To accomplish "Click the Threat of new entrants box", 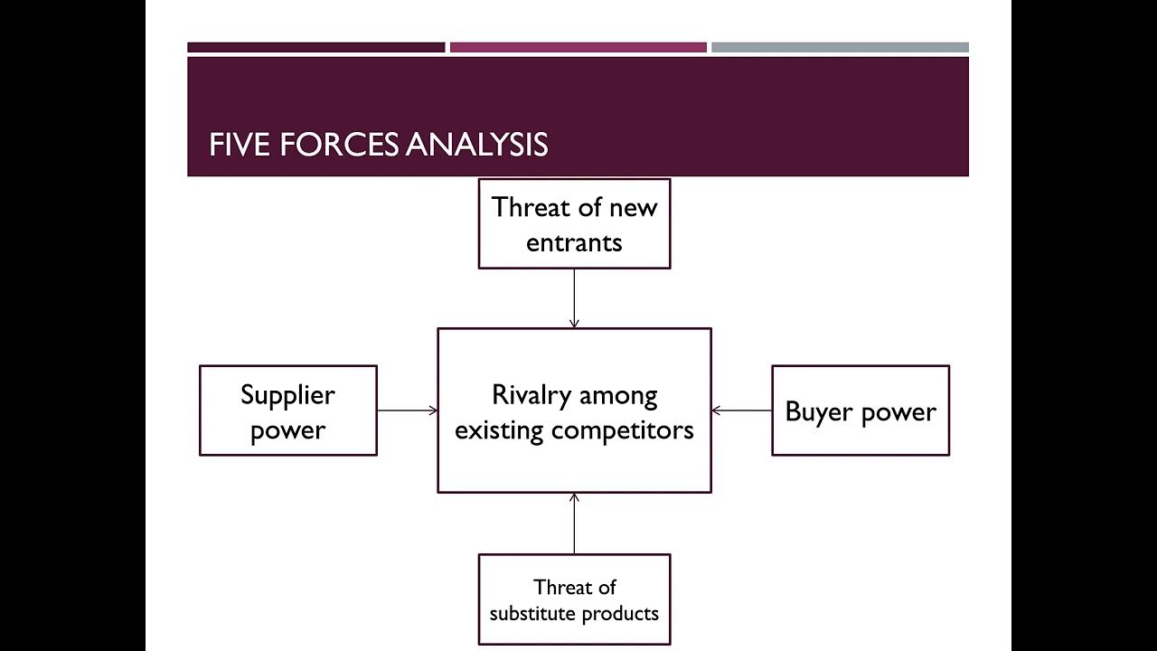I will point(574,223).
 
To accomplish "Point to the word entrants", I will point(574,242).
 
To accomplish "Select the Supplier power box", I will point(287,410).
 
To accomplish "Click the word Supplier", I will point(287,394).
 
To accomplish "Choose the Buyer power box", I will point(860,410).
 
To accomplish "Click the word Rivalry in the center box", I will point(531,394).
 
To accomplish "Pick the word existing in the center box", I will point(499,429).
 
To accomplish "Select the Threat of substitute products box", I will point(574,599).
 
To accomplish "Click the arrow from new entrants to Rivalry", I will point(574,298).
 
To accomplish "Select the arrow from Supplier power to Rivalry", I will point(407,410).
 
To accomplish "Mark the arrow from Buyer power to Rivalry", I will point(741,410).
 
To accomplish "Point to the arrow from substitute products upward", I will point(574,524).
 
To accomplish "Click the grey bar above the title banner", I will point(840,47).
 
